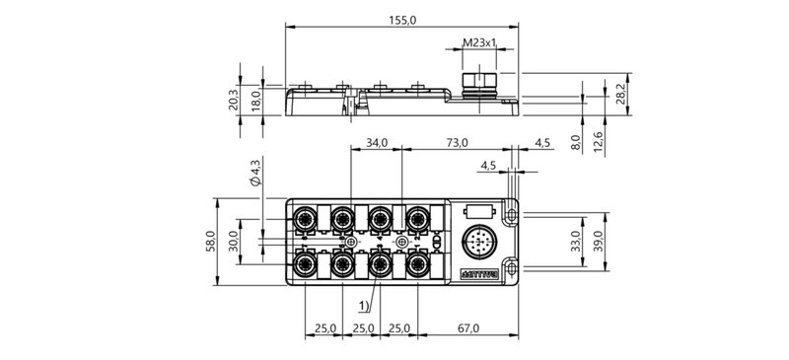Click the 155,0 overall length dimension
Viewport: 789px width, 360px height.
click(x=401, y=19)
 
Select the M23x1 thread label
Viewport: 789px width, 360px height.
click(x=478, y=43)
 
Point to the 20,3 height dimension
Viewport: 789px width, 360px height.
click(x=233, y=100)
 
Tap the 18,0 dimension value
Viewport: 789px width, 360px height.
click(x=254, y=100)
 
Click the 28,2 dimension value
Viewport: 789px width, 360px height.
click(x=619, y=94)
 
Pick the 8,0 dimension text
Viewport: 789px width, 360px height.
click(x=576, y=142)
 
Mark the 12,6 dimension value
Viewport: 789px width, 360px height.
click(x=598, y=142)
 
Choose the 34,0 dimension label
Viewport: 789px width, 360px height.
click(x=377, y=142)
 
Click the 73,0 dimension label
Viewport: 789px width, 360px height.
click(x=457, y=142)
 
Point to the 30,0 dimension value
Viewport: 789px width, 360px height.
click(x=233, y=242)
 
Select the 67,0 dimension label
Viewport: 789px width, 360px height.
click(x=467, y=327)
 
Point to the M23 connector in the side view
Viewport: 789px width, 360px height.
click(x=478, y=79)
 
